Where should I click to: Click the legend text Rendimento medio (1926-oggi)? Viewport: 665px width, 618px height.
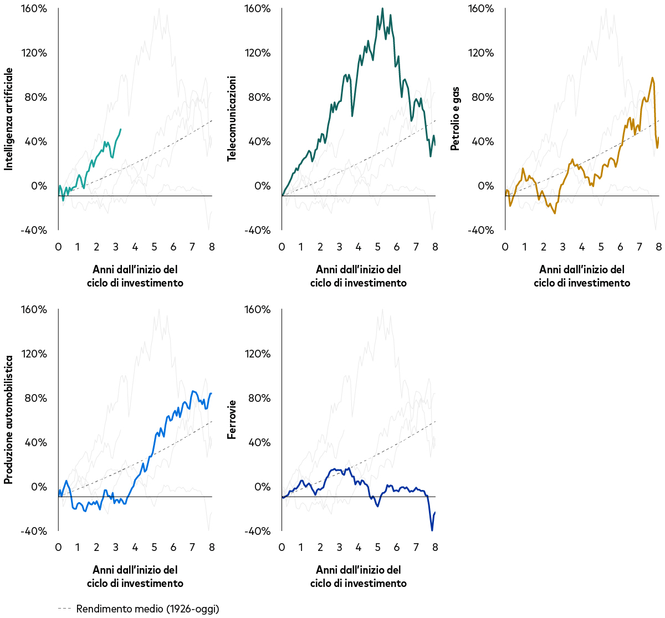(147, 609)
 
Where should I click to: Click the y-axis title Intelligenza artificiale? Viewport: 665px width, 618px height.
(8, 119)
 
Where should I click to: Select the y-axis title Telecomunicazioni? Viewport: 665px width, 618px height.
(232, 119)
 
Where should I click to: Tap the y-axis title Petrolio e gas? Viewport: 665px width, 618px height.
(455, 119)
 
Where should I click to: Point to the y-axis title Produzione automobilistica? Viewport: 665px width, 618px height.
(8, 420)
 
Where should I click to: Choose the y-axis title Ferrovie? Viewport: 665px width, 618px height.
(232, 420)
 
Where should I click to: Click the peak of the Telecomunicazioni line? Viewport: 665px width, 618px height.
(382, 8)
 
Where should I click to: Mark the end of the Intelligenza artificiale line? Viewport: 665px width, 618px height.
(121, 129)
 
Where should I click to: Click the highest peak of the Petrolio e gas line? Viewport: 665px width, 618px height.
(652, 78)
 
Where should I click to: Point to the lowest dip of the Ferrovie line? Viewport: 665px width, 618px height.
(432, 530)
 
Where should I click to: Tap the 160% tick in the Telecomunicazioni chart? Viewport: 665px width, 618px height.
(258, 8)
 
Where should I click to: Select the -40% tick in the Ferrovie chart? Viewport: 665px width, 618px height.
(258, 531)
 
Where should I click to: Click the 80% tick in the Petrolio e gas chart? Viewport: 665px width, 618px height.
(481, 97)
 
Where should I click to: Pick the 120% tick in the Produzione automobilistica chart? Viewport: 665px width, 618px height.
(34, 354)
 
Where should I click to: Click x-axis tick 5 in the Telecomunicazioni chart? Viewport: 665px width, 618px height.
(377, 247)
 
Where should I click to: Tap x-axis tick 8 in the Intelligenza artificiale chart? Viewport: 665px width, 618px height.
(212, 247)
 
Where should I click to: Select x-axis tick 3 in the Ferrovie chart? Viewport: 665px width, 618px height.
(339, 547)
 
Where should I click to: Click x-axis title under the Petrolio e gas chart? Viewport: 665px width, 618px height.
(581, 276)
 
